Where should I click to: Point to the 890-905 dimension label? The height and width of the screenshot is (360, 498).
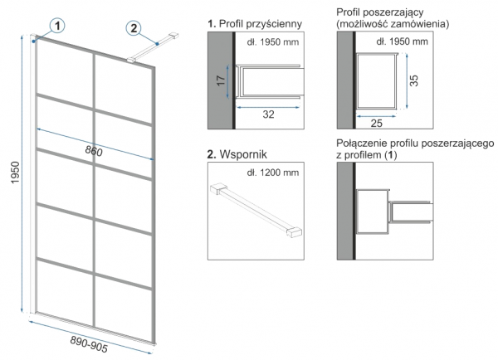[x=88, y=343]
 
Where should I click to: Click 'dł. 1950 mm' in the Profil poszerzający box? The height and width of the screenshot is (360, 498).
[x=401, y=41]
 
